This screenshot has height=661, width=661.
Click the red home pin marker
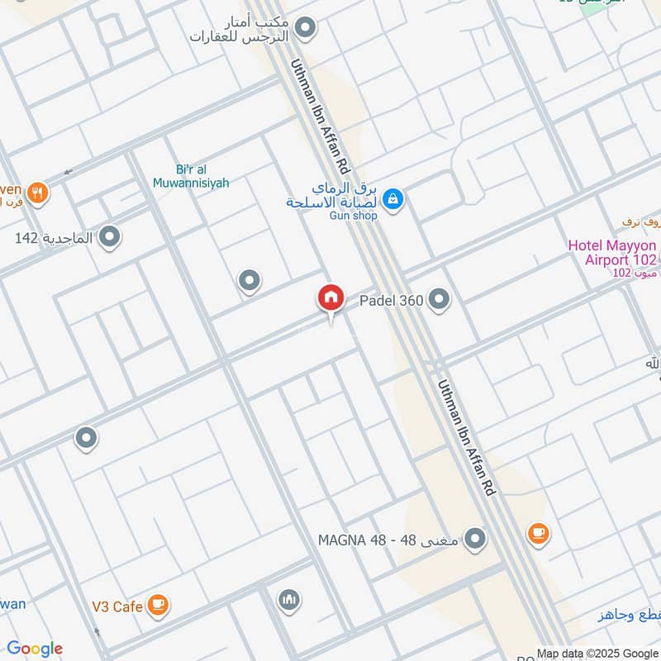pos(330,298)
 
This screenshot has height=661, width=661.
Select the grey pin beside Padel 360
pos(440,300)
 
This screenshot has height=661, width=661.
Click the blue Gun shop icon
pos(393,198)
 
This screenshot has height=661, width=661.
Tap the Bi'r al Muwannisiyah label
pos(191,176)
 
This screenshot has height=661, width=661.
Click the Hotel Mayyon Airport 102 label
pos(612,253)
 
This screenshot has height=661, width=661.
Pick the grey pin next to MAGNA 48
pos(474,540)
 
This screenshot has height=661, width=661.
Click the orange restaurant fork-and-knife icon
pos(37,193)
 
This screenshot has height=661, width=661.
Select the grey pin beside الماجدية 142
pos(109,238)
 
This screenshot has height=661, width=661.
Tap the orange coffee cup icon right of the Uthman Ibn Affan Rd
pos(538,533)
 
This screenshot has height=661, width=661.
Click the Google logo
pos(35,649)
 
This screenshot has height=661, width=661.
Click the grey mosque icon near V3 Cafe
pos(288,599)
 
